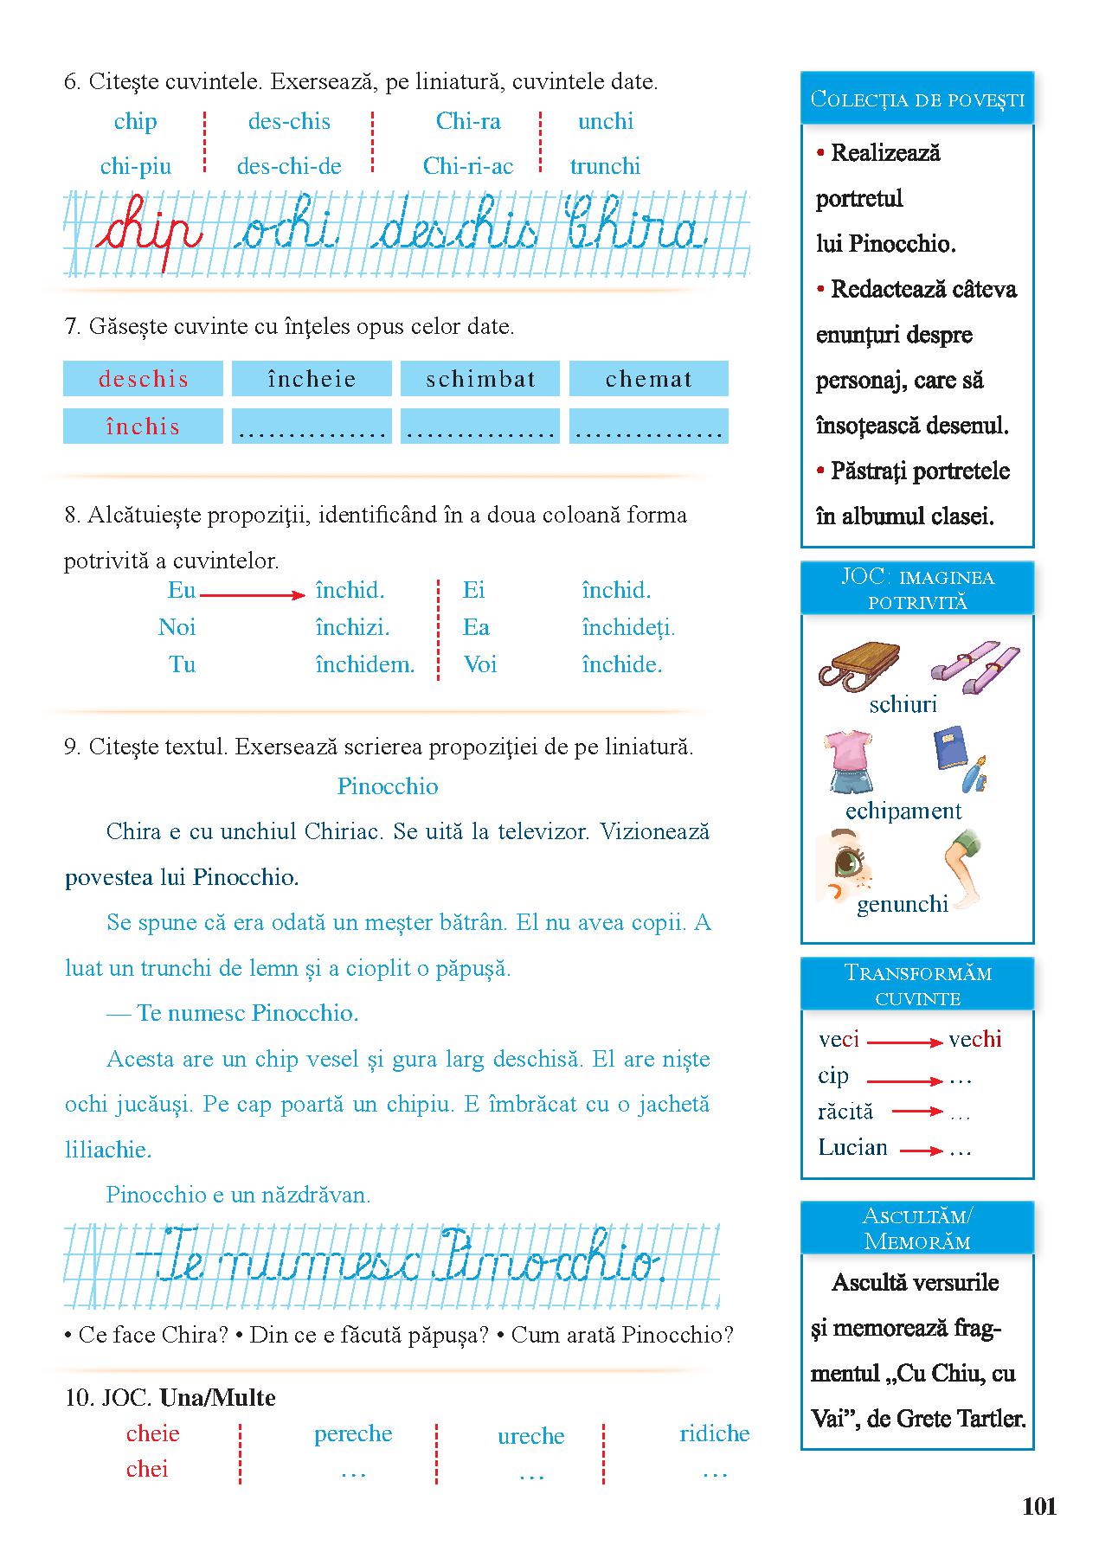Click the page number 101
pos(1039,1506)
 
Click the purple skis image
pos(975,670)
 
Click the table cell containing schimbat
pos(480,379)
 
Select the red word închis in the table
pos(143,426)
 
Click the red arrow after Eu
pos(252,595)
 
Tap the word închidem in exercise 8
pos(365,664)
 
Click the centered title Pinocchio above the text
pos(388,786)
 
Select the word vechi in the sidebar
pos(974,1039)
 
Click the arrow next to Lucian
pos(922,1151)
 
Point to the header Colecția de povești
pos(917,99)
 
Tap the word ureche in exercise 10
pos(530,1436)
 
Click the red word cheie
pos(153,1433)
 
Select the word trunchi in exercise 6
pos(605,166)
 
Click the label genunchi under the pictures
pos(903,904)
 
